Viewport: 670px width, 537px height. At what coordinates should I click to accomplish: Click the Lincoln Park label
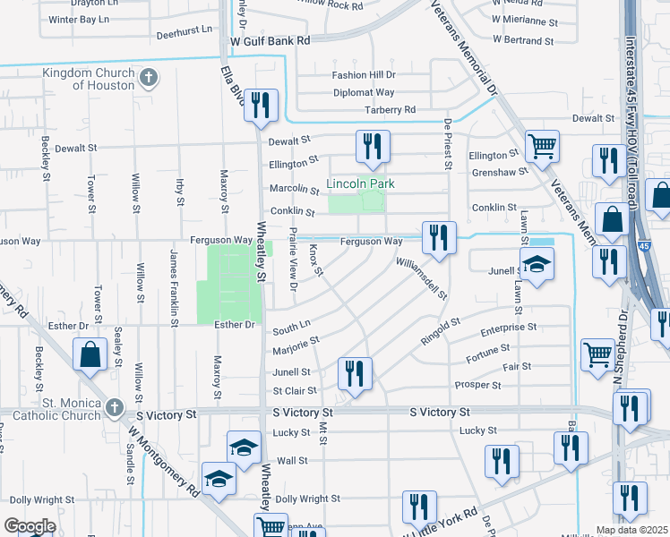click(x=358, y=184)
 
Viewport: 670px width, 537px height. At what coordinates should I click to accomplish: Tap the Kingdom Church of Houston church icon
click(x=150, y=78)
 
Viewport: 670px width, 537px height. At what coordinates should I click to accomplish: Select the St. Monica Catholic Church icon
click(x=113, y=408)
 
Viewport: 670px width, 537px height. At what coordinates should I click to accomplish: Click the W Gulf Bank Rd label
click(x=270, y=41)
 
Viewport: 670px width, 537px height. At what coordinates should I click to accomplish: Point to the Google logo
click(x=30, y=526)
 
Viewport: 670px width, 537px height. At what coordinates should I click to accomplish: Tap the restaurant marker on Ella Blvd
click(x=261, y=105)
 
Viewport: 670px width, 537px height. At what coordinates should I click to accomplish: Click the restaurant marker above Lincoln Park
click(x=373, y=146)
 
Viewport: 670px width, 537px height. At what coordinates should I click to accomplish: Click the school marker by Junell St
click(x=537, y=264)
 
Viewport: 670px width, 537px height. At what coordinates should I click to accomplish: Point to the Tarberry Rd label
click(x=391, y=109)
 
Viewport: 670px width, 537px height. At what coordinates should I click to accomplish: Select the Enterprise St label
click(x=508, y=328)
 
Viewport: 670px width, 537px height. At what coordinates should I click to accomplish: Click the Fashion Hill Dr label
click(x=363, y=75)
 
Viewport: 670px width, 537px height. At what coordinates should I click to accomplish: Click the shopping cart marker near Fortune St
click(x=597, y=353)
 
